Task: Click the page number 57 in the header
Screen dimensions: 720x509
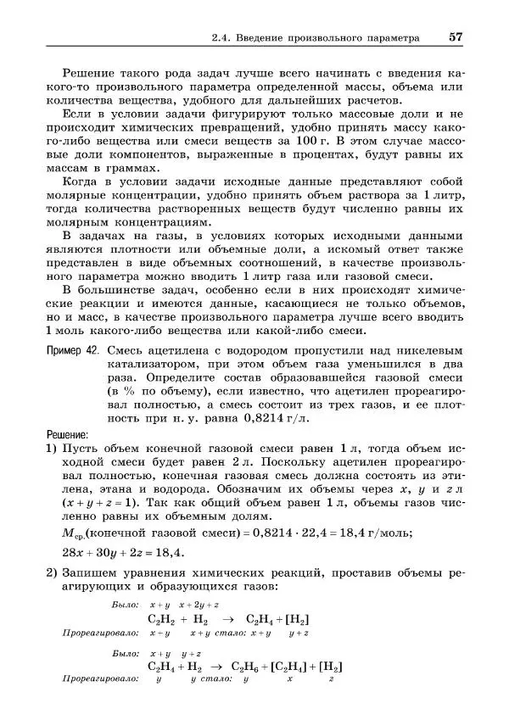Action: (x=456, y=37)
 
